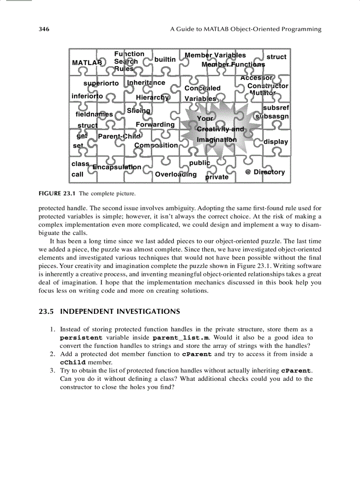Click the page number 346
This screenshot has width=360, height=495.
click(x=44, y=30)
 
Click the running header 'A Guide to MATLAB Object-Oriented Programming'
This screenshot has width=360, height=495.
click(x=246, y=30)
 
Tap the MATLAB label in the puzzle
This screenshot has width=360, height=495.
click(x=87, y=63)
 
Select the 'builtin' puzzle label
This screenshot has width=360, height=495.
click(x=165, y=60)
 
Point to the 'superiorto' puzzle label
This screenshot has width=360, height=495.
click(x=101, y=83)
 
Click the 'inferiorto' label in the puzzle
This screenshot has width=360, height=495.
click(x=87, y=96)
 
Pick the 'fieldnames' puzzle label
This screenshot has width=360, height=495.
click(x=94, y=114)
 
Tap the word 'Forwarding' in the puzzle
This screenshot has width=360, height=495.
click(x=155, y=125)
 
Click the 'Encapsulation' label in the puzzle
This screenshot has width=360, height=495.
click(x=117, y=167)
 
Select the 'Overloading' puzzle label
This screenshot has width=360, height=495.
click(x=176, y=174)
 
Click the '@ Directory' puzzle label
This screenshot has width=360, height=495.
click(x=265, y=172)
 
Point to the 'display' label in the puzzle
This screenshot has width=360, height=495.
click(x=276, y=142)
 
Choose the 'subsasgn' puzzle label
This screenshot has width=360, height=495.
click(x=273, y=116)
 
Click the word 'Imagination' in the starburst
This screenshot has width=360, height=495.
click(x=217, y=140)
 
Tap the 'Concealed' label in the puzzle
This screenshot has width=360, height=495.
click(x=202, y=88)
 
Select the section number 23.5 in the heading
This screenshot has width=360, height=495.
click(x=47, y=312)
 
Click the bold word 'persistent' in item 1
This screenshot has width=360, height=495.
click(x=82, y=338)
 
